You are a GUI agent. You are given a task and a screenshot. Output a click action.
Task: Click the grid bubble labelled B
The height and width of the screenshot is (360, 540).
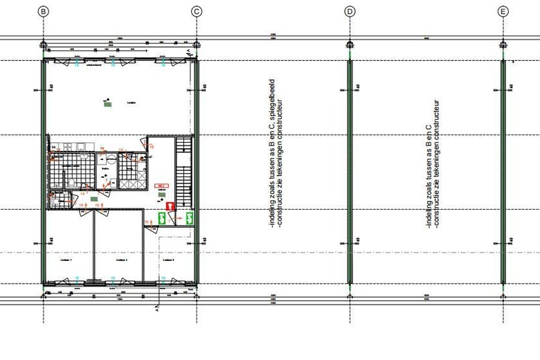pyautogui.click(x=43, y=11)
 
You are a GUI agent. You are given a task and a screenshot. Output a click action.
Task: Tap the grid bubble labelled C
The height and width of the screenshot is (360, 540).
pyautogui.click(x=197, y=11)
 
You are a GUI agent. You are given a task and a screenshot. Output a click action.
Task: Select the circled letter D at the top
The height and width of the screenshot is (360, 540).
pyautogui.click(x=350, y=11)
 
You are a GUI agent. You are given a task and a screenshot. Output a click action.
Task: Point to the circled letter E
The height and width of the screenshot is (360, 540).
pyautogui.click(x=503, y=11)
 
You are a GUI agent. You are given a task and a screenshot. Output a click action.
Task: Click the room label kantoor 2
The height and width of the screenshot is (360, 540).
pyautogui.click(x=121, y=261)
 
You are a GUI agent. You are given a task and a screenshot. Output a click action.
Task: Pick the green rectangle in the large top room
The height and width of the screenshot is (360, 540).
pyautogui.click(x=107, y=105)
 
